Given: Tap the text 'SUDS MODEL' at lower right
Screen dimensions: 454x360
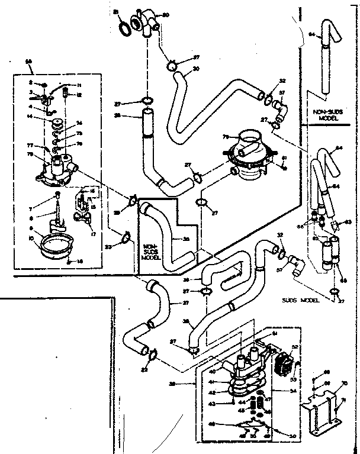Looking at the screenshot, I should click(x=301, y=300).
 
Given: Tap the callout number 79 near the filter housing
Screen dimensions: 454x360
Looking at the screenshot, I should click(x=226, y=137).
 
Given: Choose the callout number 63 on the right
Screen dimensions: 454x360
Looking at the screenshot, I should click(x=349, y=222).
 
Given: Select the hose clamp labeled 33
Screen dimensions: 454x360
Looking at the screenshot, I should click(x=126, y=239).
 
